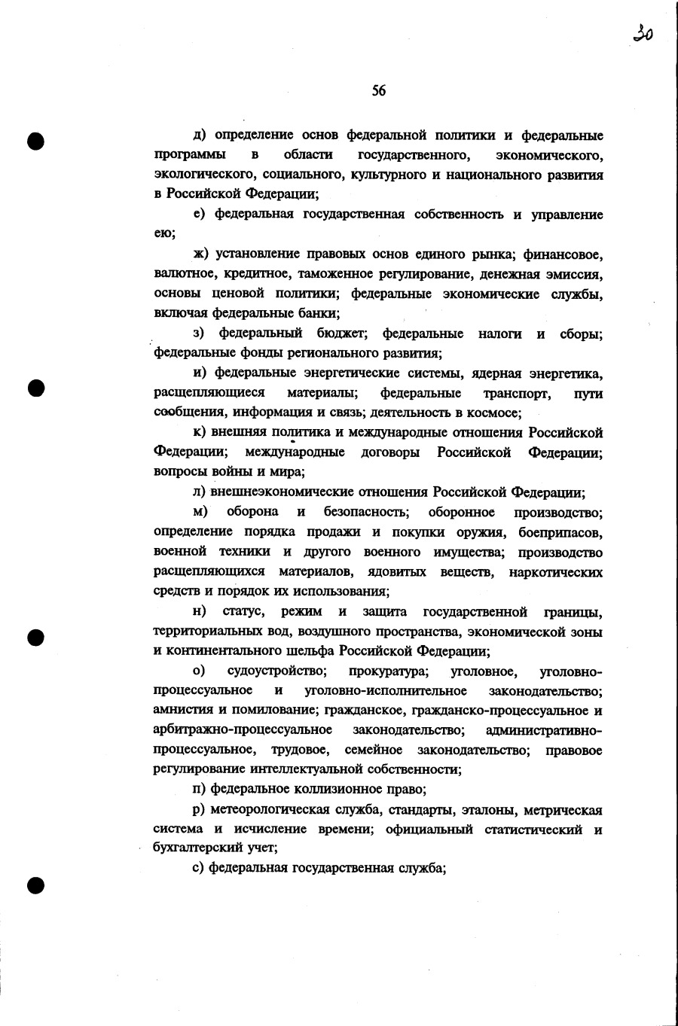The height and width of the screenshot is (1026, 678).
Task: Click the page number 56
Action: pos(378,90)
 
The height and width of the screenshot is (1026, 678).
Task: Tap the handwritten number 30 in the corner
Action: pos(643,32)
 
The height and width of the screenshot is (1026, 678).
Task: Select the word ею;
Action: pos(164,234)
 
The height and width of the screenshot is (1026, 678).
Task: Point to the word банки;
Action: pos(319,313)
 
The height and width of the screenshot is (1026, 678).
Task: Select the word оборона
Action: pos(252,512)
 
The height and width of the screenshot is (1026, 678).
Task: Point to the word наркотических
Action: pos(555,572)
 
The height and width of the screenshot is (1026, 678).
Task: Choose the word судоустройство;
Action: pos(276,671)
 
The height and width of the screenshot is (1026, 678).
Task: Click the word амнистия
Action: pos(182,710)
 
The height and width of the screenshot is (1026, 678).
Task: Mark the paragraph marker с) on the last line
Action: pos(198,868)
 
